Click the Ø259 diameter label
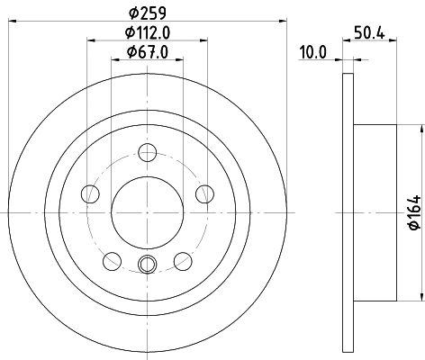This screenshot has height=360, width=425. click(x=148, y=13)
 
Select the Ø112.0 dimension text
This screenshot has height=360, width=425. click(x=148, y=32)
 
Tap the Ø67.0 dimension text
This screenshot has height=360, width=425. click(x=148, y=52)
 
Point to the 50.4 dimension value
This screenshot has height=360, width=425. click(x=369, y=32)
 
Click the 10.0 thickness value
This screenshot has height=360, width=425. click(x=313, y=52)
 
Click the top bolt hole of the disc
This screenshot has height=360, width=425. click(x=148, y=153)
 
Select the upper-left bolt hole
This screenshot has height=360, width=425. click(x=90, y=194)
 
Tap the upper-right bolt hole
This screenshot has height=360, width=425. click(x=204, y=194)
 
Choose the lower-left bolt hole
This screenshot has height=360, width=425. click(x=112, y=261)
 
